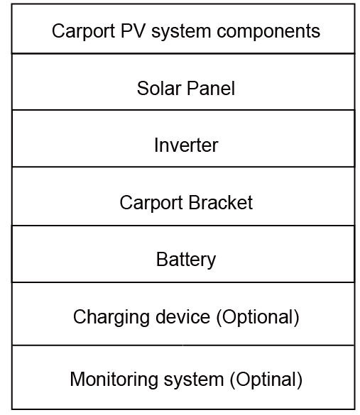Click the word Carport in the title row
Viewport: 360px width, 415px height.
tap(83, 32)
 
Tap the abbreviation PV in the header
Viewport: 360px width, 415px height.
tap(133, 31)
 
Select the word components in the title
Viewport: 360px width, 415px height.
tap(268, 32)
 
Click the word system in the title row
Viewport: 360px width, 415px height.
tap(181, 32)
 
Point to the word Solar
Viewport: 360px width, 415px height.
tap(159, 89)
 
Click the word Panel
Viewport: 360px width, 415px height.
tap(211, 89)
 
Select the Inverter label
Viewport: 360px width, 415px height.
tap(186, 145)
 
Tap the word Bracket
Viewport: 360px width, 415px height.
tap(221, 203)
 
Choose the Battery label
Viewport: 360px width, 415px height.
tap(186, 260)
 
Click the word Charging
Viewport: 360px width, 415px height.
tap(111, 318)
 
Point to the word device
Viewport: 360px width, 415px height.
tap(182, 317)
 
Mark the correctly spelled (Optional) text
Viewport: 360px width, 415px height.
tap(258, 318)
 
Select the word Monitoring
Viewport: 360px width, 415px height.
tap(114, 380)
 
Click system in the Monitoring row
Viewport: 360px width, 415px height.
tap(194, 380)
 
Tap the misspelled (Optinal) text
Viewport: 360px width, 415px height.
tap(266, 380)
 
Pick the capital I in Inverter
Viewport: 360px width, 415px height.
tap(156, 145)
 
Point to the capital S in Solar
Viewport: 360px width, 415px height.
tap(143, 89)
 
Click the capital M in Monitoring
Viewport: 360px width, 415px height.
tap(77, 379)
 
